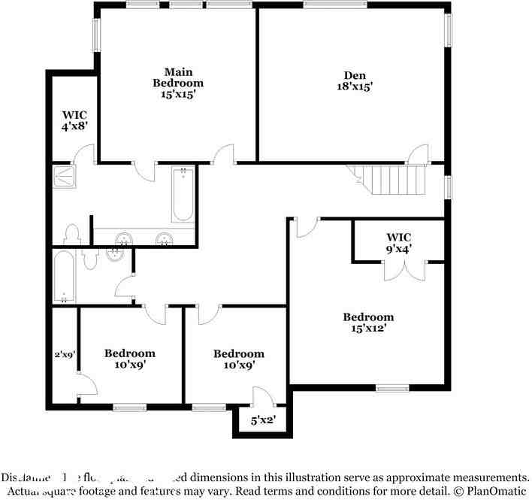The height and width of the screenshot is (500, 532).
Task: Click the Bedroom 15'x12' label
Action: tap(368, 323)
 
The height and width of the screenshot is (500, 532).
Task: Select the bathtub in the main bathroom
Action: tap(183, 195)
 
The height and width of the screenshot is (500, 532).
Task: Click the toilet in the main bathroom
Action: tap(73, 233)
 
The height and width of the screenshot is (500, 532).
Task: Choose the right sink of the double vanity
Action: tap(164, 240)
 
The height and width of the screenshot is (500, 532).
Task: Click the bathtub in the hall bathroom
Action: tap(64, 277)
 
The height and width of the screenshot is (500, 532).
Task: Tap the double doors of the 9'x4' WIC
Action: tap(404, 271)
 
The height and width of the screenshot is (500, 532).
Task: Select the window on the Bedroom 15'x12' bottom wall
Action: tap(392, 388)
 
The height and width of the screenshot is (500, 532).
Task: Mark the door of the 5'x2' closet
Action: tap(261, 398)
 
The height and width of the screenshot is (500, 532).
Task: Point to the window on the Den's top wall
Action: tap(335, 5)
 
